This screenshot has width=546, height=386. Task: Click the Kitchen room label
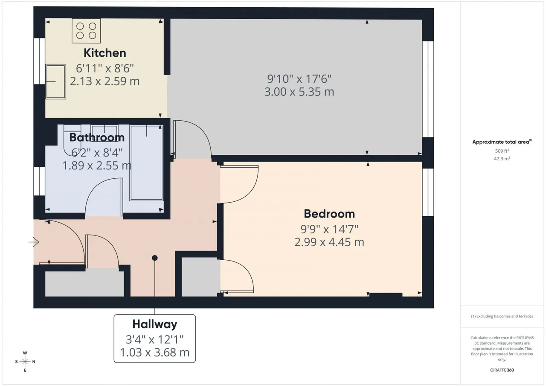[x=105, y=53]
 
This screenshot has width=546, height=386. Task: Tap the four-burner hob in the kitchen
[x=86, y=31]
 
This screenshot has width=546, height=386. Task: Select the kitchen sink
[x=55, y=81]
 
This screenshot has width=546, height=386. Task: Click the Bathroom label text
[x=97, y=137]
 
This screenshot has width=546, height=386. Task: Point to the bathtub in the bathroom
[x=146, y=163]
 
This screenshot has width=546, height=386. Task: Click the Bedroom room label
[x=329, y=214]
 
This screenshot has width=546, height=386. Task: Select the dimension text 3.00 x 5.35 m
[x=299, y=92]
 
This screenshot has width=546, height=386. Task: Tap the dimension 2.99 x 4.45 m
[x=329, y=242]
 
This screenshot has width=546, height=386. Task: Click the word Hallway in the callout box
[x=155, y=324]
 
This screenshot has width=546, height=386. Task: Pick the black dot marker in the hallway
[x=155, y=258]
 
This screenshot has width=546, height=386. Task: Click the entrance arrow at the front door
[x=34, y=242]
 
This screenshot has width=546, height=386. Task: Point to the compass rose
[x=25, y=362]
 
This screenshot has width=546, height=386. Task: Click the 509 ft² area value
[x=502, y=151]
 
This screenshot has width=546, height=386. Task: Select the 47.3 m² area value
[x=502, y=159]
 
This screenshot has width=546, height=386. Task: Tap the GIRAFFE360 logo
[x=502, y=370]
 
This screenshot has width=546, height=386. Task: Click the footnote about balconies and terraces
[x=502, y=316]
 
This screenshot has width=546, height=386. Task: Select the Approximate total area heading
[x=502, y=142]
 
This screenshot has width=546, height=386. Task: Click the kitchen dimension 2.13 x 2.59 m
[x=105, y=81]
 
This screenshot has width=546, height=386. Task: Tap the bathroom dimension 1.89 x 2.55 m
[x=97, y=165]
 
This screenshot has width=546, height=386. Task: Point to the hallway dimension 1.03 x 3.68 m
[x=155, y=352]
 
